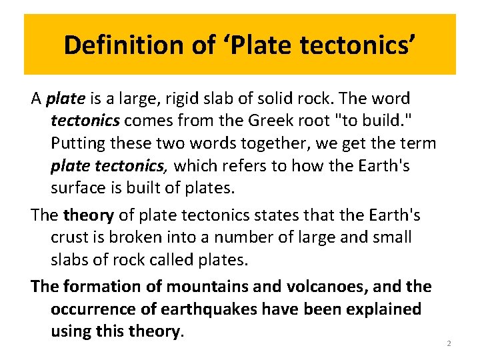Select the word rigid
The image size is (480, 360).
183,99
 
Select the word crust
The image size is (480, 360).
69,237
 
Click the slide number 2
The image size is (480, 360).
449,343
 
